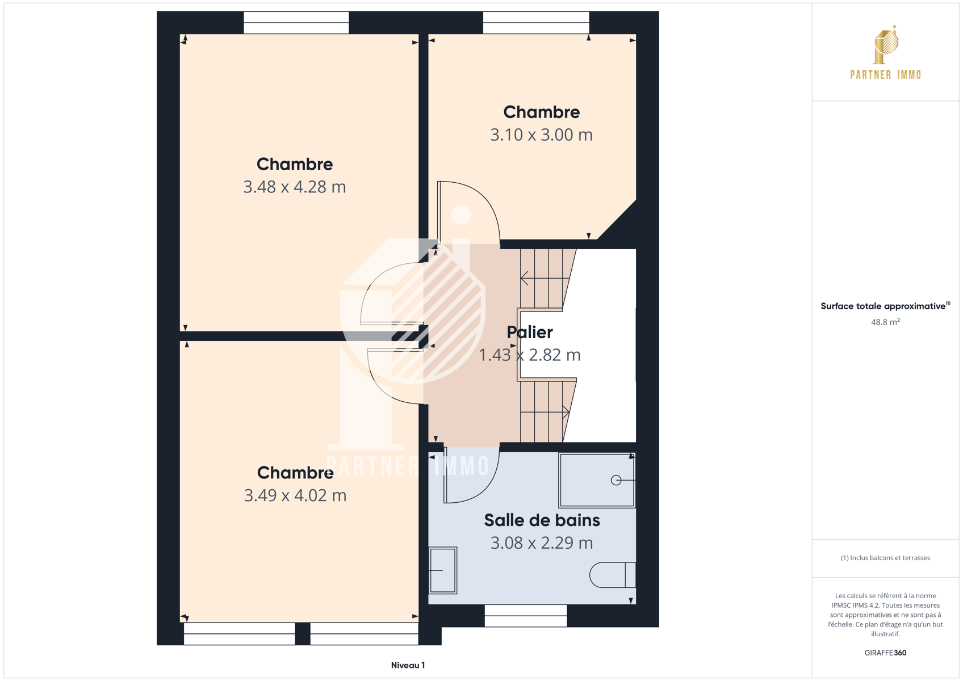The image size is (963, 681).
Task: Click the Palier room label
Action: coord(529,332)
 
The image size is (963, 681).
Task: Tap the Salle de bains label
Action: coord(542,520)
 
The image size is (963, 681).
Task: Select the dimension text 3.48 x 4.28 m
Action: coord(295,187)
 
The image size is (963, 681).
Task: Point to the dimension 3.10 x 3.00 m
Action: coord(541,135)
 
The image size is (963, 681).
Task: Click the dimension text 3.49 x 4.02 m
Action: coord(295,495)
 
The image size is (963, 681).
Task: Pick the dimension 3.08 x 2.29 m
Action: coord(542,543)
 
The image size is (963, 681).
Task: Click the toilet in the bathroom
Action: coord(612,575)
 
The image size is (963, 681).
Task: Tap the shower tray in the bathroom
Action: coord(597,480)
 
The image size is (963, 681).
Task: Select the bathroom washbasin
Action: coord(443,570)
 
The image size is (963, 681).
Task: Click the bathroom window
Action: coord(526,616)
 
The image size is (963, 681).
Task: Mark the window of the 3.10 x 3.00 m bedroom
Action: coord(536,22)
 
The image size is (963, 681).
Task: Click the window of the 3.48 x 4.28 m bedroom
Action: coord(296,22)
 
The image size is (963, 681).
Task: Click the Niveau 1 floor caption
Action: coord(408,665)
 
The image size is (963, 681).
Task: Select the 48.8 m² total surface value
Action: coord(885,322)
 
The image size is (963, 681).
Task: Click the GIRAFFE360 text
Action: coord(885,653)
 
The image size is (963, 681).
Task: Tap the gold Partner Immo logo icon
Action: coord(886,45)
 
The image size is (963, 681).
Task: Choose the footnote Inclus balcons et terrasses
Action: coord(885,558)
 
